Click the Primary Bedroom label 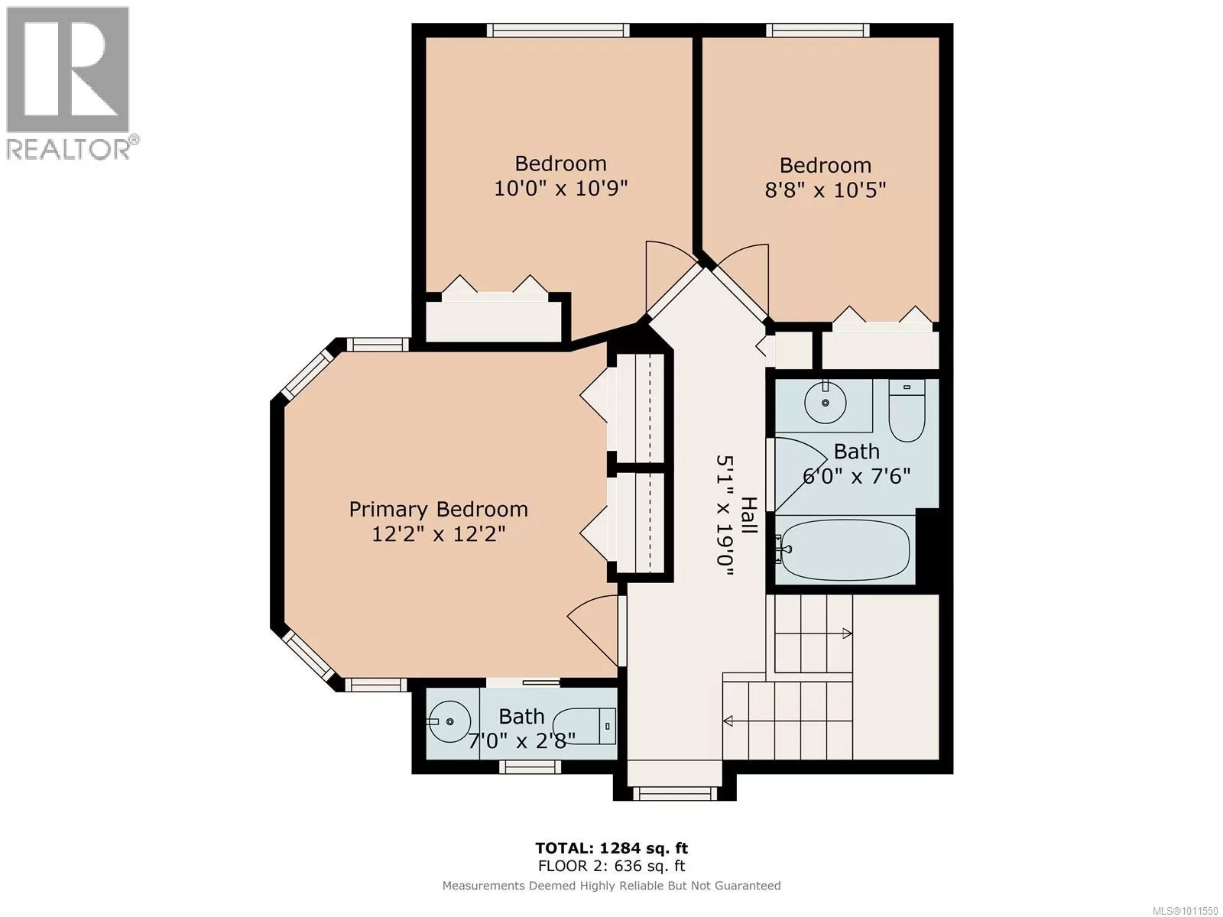pos(438,509)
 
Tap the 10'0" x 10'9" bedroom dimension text pos(560,188)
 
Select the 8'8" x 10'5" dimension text pos(826,190)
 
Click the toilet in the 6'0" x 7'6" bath pos(907,410)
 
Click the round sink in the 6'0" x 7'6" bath pos(826,403)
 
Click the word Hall pos(750,515)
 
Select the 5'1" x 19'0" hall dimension pos(725,517)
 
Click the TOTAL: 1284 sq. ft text pos(611,848)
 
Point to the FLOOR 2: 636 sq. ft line pos(611,866)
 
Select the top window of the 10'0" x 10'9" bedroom pos(558,30)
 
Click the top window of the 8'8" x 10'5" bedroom pos(817,30)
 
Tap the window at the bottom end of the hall pos(675,793)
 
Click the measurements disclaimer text pos(611,886)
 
